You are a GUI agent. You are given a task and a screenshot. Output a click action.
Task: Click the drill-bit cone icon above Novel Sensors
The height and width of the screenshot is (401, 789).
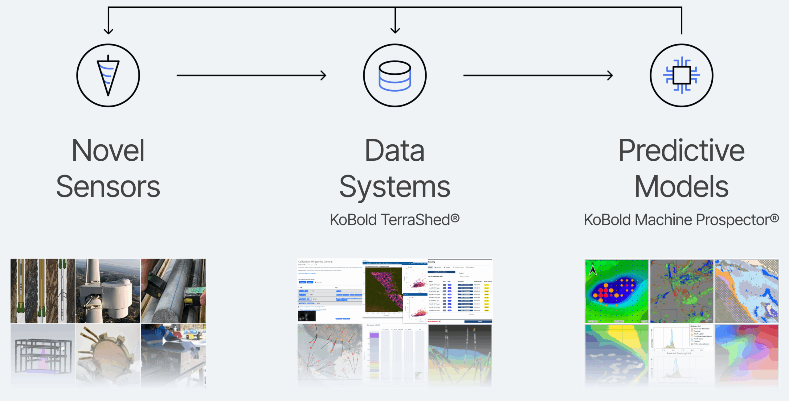(x=108, y=76)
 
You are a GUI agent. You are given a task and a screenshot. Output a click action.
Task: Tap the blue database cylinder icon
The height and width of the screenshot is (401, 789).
(x=395, y=76)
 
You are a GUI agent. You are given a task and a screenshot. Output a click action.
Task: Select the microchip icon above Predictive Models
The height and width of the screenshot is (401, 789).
(x=681, y=75)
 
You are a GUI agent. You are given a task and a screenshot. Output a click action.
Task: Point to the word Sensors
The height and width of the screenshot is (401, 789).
(x=108, y=187)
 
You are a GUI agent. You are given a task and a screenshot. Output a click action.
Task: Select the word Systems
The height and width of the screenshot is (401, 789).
(x=395, y=187)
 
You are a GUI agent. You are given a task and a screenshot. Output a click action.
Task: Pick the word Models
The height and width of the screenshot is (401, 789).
(x=681, y=187)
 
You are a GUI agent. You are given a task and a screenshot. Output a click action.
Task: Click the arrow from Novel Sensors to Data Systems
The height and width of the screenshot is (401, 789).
(x=251, y=75)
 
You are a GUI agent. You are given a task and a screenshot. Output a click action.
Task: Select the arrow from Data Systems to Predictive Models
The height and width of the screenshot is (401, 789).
(x=538, y=75)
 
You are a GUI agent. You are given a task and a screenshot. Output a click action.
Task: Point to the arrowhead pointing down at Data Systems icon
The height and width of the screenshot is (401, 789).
(x=395, y=30)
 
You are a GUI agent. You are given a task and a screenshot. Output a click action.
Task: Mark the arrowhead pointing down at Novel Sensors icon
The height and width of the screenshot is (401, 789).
(x=108, y=31)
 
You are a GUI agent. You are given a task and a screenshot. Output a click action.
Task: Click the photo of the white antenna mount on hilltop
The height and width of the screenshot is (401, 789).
(x=108, y=291)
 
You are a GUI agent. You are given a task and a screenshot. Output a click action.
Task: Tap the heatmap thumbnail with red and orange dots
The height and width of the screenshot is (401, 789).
(x=617, y=291)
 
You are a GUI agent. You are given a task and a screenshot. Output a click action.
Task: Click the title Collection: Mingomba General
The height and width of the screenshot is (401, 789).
(x=315, y=262)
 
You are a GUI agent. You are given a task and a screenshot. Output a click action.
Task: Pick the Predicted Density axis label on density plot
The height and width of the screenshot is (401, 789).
(x=679, y=353)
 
